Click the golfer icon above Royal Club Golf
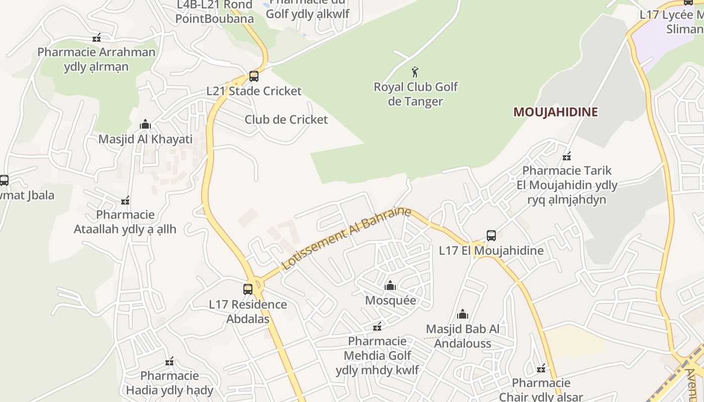click(x=415, y=72)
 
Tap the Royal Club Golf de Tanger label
click(x=415, y=94)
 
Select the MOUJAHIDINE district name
click(x=555, y=112)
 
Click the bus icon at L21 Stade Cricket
click(x=254, y=76)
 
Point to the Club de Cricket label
click(x=286, y=120)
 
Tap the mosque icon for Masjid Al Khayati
click(x=145, y=124)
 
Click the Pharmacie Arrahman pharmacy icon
click(x=97, y=38)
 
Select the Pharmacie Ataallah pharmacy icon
click(x=125, y=200)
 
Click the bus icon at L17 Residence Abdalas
click(x=248, y=289)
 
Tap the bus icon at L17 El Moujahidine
click(x=491, y=235)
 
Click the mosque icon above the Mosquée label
click(x=390, y=286)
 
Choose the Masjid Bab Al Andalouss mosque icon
click(x=463, y=315)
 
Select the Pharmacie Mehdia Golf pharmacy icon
click(x=377, y=327)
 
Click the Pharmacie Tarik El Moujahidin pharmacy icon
click(x=567, y=156)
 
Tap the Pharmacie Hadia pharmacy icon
click(x=169, y=361)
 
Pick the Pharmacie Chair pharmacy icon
click(x=541, y=369)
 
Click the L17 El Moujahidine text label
click(x=491, y=250)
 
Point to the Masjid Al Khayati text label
click(x=145, y=139)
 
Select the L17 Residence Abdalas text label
click(x=248, y=312)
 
